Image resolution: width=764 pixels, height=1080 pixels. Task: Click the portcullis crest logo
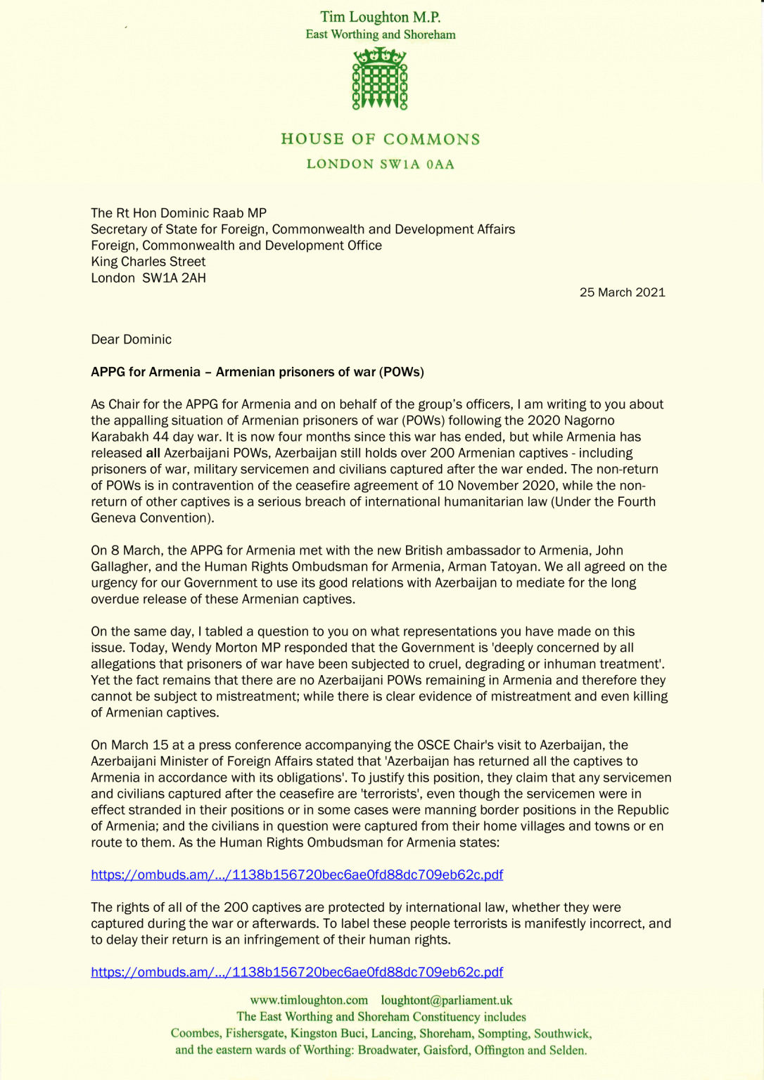pyautogui.click(x=380, y=79)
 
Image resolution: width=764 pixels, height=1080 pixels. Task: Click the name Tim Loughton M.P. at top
pyautogui.click(x=380, y=17)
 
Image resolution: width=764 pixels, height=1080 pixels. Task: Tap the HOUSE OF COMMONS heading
pyautogui.click(x=380, y=139)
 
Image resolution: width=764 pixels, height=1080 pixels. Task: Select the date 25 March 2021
pyautogui.click(x=622, y=292)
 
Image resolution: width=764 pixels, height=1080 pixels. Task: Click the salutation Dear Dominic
pyautogui.click(x=131, y=340)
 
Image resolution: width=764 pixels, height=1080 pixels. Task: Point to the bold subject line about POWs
pyautogui.click(x=257, y=372)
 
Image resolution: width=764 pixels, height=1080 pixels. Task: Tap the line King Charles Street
pyautogui.click(x=148, y=262)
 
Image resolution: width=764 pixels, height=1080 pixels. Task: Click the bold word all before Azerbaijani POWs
pyautogui.click(x=153, y=453)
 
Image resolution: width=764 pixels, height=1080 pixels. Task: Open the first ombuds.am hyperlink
pyautogui.click(x=296, y=875)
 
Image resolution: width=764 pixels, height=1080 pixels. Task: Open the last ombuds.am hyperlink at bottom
pyautogui.click(x=296, y=972)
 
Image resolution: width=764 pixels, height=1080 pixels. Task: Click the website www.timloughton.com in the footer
pyautogui.click(x=309, y=1000)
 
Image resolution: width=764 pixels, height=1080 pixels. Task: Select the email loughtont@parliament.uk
pyautogui.click(x=447, y=1000)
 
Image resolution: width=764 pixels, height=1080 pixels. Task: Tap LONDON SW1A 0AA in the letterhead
pyautogui.click(x=380, y=165)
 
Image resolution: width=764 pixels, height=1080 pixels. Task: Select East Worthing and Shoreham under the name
pyautogui.click(x=380, y=34)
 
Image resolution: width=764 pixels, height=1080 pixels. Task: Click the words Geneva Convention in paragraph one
pyautogui.click(x=151, y=518)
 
